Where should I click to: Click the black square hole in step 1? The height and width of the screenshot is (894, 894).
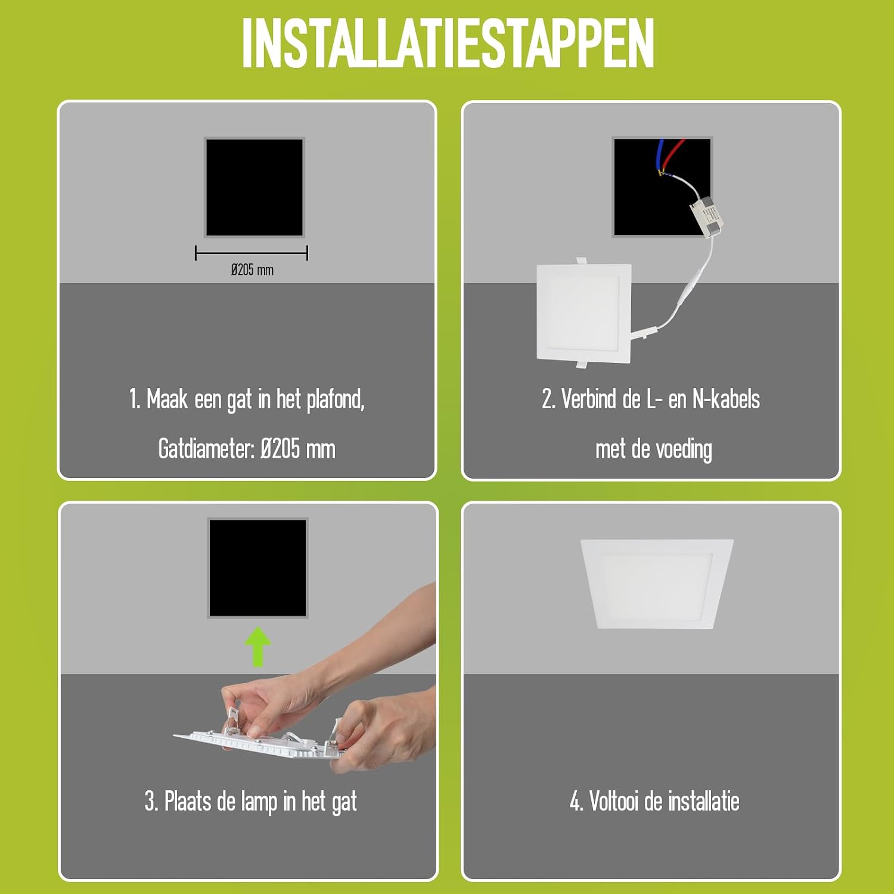pyautogui.click(x=254, y=187)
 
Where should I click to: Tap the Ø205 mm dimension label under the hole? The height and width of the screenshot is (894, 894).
pyautogui.click(x=252, y=270)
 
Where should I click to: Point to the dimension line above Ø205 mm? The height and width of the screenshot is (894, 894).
pyautogui.click(x=252, y=253)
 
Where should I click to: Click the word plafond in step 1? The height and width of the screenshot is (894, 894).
pyautogui.click(x=334, y=399)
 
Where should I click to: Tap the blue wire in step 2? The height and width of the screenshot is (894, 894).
pyautogui.click(x=660, y=155)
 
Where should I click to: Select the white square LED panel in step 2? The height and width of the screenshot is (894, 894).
pyautogui.click(x=584, y=312)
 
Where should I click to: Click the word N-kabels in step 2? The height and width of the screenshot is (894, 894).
pyautogui.click(x=726, y=399)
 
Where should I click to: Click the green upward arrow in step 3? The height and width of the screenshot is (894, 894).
pyautogui.click(x=257, y=646)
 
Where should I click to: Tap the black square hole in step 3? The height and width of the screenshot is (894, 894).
pyautogui.click(x=257, y=568)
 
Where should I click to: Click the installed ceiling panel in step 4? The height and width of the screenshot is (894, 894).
pyautogui.click(x=657, y=583)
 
